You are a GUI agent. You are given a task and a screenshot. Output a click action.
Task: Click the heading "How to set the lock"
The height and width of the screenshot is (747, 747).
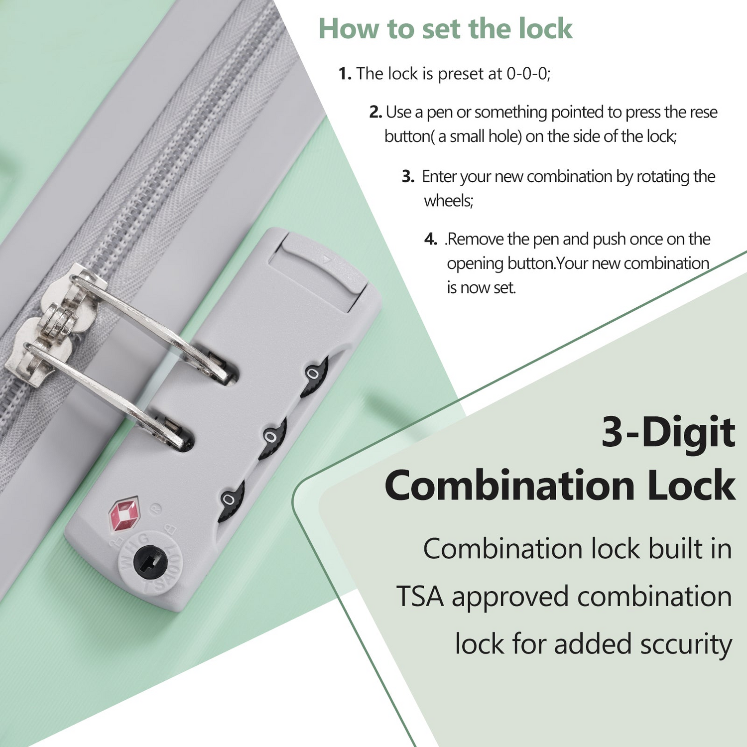[445, 28]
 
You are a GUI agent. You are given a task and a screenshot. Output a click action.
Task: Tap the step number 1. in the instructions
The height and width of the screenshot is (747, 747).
[345, 74]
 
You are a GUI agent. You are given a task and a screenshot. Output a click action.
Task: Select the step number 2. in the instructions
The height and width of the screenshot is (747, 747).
[375, 112]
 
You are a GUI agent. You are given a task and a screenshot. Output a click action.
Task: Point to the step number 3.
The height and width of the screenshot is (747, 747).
[408, 176]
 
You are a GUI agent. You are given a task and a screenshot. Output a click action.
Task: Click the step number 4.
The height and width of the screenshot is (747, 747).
[430, 239]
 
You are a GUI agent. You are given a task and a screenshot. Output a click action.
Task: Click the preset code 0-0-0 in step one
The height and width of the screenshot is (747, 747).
[527, 74]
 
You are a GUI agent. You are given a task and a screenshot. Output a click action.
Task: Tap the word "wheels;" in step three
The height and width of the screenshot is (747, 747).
[448, 201]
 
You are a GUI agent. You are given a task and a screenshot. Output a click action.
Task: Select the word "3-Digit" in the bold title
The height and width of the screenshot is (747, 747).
[668, 432]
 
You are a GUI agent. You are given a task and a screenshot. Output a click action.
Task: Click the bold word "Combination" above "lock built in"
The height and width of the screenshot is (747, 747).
[509, 486]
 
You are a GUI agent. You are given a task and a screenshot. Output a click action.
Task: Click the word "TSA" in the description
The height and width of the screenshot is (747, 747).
[419, 597]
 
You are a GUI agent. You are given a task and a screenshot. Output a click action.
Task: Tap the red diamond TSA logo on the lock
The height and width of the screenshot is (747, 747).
[124, 513]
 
